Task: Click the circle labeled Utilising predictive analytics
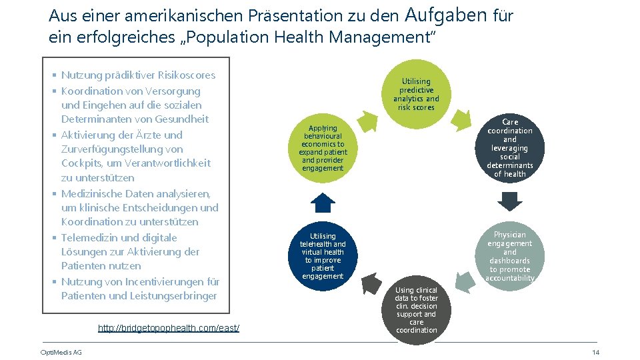pyautogui.click(x=416, y=94)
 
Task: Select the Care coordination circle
pyautogui.click(x=510, y=148)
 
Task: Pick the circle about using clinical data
pyautogui.click(x=416, y=310)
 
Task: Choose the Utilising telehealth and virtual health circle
pyautogui.click(x=323, y=256)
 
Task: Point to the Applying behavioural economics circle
pyautogui.click(x=323, y=147)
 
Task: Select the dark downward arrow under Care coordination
pyautogui.click(x=510, y=201)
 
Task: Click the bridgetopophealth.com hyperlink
pyautogui.click(x=169, y=328)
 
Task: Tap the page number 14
pyautogui.click(x=595, y=352)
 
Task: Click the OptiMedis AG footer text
pyautogui.click(x=61, y=352)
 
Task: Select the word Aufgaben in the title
pyautogui.click(x=445, y=15)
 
